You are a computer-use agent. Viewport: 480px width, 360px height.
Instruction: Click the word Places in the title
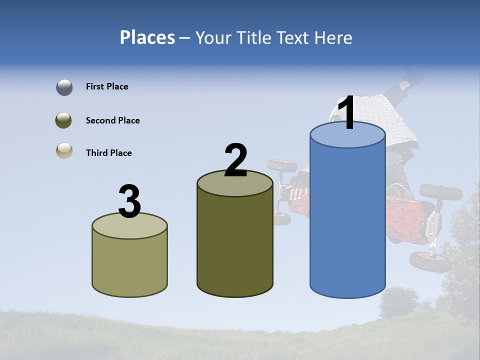pos(147,37)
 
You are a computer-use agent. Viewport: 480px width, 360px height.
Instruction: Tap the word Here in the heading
pos(331,37)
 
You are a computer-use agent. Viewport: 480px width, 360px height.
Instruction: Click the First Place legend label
pos(107,86)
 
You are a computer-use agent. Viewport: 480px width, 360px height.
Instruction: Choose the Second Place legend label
pos(112,120)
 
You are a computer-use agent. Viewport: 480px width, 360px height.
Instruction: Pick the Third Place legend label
pos(108,153)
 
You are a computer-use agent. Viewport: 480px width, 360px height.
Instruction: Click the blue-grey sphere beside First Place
pos(64,87)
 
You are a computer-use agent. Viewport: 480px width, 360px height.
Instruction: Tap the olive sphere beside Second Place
pos(64,120)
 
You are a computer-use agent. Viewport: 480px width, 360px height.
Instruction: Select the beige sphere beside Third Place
pos(64,150)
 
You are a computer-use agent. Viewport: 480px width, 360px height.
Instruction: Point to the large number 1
pos(347,113)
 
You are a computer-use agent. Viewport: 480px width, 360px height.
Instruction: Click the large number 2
pos(235,160)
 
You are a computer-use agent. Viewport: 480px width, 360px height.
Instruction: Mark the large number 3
pos(129,202)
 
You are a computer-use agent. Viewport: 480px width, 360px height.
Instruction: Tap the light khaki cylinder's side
pos(129,262)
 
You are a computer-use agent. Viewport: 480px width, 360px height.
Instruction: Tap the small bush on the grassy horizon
pos(399,302)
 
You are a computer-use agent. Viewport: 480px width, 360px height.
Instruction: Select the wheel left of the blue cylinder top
pos(282,165)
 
